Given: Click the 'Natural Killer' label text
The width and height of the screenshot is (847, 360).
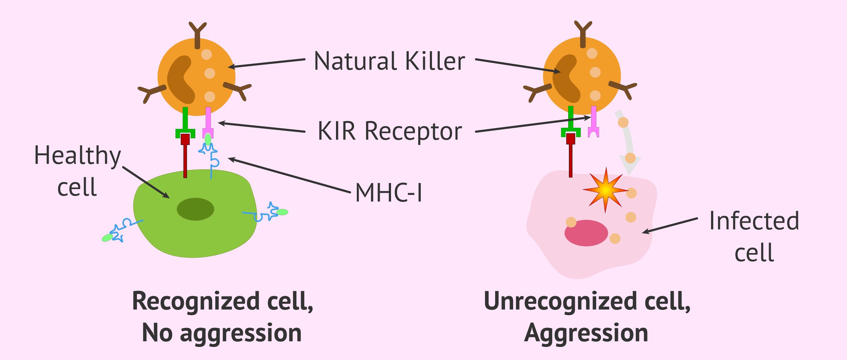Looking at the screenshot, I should coord(389,61).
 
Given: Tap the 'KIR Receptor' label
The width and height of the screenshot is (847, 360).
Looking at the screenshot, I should coord(390,131).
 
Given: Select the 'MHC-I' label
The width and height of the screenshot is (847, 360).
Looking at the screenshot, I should coord(389,193).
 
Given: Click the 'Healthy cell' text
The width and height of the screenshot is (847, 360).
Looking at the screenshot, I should coord(77,171).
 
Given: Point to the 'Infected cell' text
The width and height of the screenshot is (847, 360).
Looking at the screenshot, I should coord(754,236).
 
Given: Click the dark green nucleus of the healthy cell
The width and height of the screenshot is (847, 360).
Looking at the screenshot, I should coord(195,209).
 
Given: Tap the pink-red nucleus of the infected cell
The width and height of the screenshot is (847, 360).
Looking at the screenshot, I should coord(586,233).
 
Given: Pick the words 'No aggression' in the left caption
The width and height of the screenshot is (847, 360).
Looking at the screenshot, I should coord(222,333).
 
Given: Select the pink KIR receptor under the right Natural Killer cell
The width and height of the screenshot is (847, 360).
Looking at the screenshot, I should coord(594,122).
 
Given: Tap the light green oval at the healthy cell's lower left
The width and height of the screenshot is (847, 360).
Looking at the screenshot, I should coord(107,238).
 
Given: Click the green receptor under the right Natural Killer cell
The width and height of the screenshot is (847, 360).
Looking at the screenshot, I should coord(571,122).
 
